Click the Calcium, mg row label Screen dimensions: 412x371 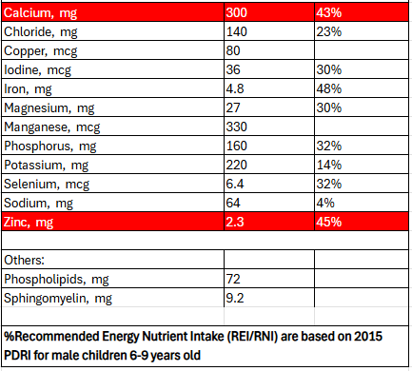coord(40,13)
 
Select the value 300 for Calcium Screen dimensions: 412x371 coord(237,12)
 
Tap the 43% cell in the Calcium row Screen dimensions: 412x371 coord(329,12)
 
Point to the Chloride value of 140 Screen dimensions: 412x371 coord(237,31)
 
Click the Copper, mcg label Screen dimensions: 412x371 coord(40,51)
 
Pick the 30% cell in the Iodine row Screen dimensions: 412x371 coord(329,69)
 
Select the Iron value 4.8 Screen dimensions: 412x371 coord(235,88)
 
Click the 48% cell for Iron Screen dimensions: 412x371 coord(329,88)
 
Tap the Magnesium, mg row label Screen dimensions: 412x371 coord(49,108)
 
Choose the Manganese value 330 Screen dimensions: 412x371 coord(237,127)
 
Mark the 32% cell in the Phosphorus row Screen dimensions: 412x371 coord(329,146)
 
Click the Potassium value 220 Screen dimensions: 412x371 coord(237,165)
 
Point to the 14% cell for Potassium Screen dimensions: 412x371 coord(329,165)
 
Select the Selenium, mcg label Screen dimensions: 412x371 coord(47,185)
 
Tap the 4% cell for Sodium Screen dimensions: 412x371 coord(325,203)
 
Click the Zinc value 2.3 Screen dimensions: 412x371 coord(235,222)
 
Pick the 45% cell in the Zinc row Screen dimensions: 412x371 coord(329,222)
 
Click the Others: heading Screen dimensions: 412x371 coord(24,260)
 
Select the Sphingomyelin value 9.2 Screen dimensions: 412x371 coord(235,298)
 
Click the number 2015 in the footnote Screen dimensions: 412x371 coord(368,337)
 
